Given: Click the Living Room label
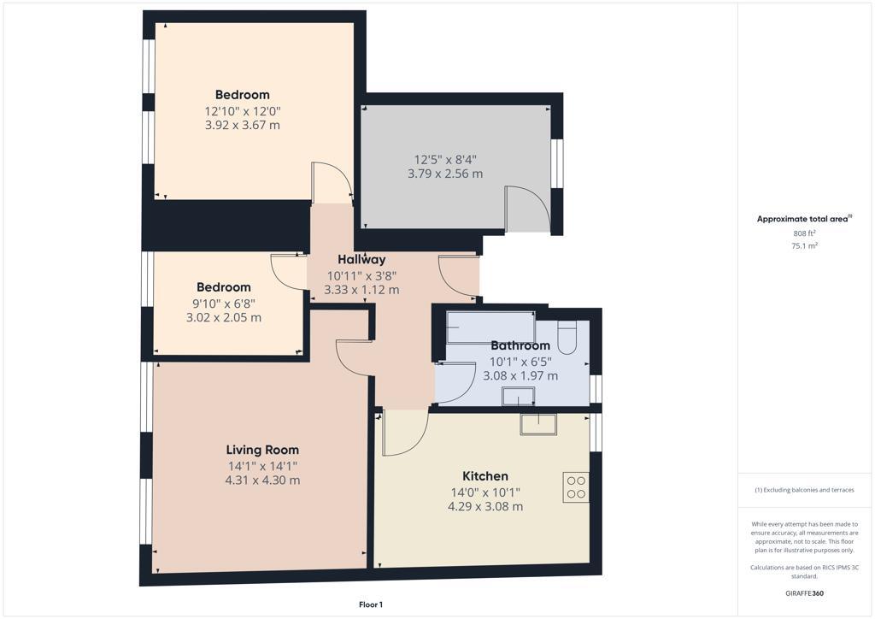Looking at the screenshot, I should click(x=262, y=450).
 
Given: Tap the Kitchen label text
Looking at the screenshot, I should click(x=485, y=476).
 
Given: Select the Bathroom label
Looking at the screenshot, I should click(x=520, y=346).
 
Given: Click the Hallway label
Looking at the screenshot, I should click(x=361, y=259).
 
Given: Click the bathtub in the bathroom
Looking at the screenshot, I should click(x=490, y=326).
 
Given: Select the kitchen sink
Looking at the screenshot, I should click(x=537, y=424).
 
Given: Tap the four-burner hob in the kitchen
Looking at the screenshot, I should click(x=575, y=486).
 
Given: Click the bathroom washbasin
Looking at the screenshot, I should click(x=518, y=396).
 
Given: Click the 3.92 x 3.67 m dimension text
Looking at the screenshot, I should click(x=242, y=125).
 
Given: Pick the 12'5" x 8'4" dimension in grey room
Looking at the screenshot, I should click(x=445, y=159).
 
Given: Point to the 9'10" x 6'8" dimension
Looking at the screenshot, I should click(x=224, y=303).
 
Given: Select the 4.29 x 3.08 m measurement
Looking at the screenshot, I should click(x=485, y=506).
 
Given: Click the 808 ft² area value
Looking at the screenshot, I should click(x=804, y=233).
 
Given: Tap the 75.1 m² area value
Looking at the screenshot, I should click(x=804, y=245).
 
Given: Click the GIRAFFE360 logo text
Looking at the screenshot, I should click(x=804, y=593).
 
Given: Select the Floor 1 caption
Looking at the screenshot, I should click(x=370, y=604).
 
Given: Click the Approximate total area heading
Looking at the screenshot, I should click(x=803, y=219).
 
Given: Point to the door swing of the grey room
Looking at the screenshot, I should click(x=527, y=209).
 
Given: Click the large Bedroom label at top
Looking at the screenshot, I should click(x=242, y=95).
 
